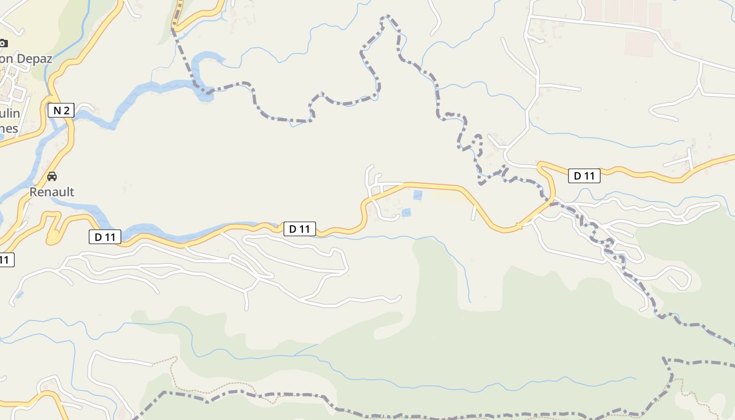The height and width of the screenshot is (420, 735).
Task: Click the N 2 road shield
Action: (61, 110)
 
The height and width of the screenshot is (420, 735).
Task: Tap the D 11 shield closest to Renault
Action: (105, 237)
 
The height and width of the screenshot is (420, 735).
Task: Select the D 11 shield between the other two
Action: (300, 229)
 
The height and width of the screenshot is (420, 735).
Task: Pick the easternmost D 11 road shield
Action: (584, 176)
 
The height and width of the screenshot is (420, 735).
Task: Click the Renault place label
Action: (51, 192)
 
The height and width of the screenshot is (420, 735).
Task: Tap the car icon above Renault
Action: (51, 176)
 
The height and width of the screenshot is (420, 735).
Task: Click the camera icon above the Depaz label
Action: (3, 43)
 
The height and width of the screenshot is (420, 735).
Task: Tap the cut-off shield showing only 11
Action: (6, 259)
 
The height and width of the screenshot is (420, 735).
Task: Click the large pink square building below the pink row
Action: (638, 44)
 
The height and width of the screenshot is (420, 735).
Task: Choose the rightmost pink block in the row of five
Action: (655, 15)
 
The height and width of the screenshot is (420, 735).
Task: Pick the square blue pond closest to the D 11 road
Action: (417, 195)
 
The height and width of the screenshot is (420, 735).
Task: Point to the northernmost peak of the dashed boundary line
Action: (388, 17)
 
